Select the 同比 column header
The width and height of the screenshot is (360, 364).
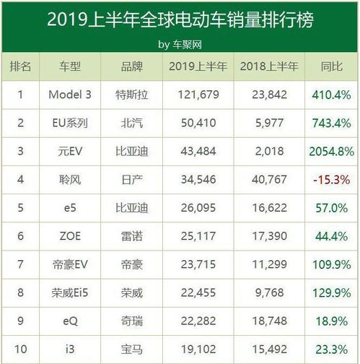(x=329, y=67)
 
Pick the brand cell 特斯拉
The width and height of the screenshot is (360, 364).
(x=133, y=94)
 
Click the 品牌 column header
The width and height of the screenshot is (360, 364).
(x=133, y=67)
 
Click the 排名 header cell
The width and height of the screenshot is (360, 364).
(x=21, y=67)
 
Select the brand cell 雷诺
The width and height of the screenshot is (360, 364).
(x=133, y=235)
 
